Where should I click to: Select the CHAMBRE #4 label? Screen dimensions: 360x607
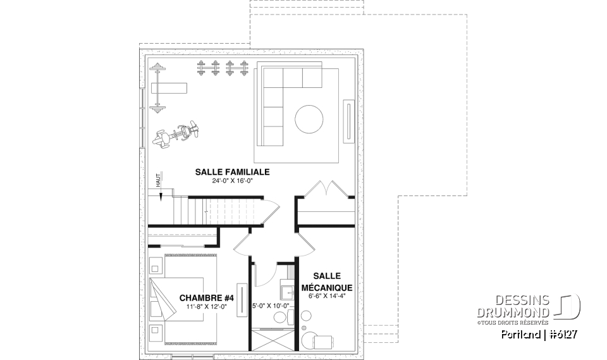[207, 298]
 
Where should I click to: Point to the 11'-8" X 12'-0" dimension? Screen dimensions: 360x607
[207, 307]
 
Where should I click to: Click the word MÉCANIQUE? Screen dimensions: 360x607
[327, 287]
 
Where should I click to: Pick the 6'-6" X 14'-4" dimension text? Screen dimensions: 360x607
[327, 295]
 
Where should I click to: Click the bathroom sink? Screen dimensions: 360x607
[286, 292]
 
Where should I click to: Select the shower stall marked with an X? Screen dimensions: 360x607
[272, 339]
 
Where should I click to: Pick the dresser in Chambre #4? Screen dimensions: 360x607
[240, 295]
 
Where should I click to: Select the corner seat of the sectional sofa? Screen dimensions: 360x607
[273, 78]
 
